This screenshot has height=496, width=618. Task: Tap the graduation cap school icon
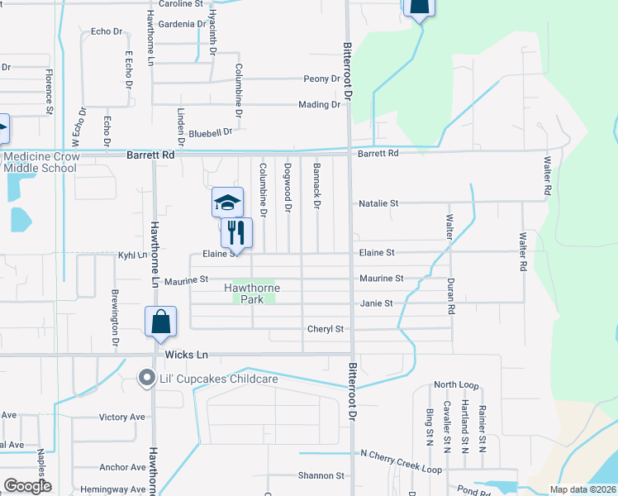tap(228, 202)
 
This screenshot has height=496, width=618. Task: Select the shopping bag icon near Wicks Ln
tap(160, 322)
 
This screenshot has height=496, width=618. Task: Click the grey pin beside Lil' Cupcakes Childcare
tap(147, 378)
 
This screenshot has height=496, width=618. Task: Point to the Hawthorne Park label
tap(252, 293)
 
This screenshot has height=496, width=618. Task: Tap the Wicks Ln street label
tap(186, 355)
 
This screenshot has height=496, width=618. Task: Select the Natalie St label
tap(378, 203)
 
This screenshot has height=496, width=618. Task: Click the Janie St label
tap(376, 303)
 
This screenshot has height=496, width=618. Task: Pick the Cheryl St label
tap(325, 329)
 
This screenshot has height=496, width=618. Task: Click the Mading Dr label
tap(319, 105)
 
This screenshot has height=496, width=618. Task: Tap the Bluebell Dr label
tap(211, 132)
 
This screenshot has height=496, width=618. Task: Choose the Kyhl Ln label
tap(132, 255)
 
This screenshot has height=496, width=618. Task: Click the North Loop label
tap(456, 385)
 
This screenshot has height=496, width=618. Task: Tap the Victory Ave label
tap(121, 417)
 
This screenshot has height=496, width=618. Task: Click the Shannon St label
tap(321, 476)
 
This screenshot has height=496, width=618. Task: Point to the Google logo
tap(27, 486)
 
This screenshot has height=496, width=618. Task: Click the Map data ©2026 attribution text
tap(582, 489)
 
